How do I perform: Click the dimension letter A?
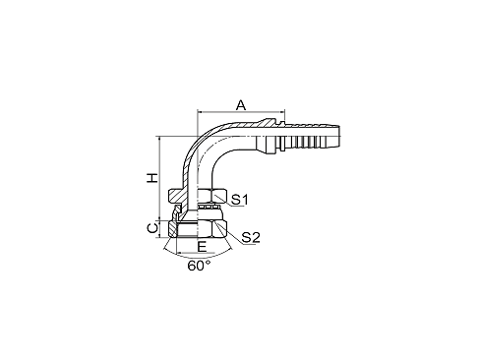[241, 103]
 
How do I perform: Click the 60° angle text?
[199, 266]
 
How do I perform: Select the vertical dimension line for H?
[161, 177]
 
